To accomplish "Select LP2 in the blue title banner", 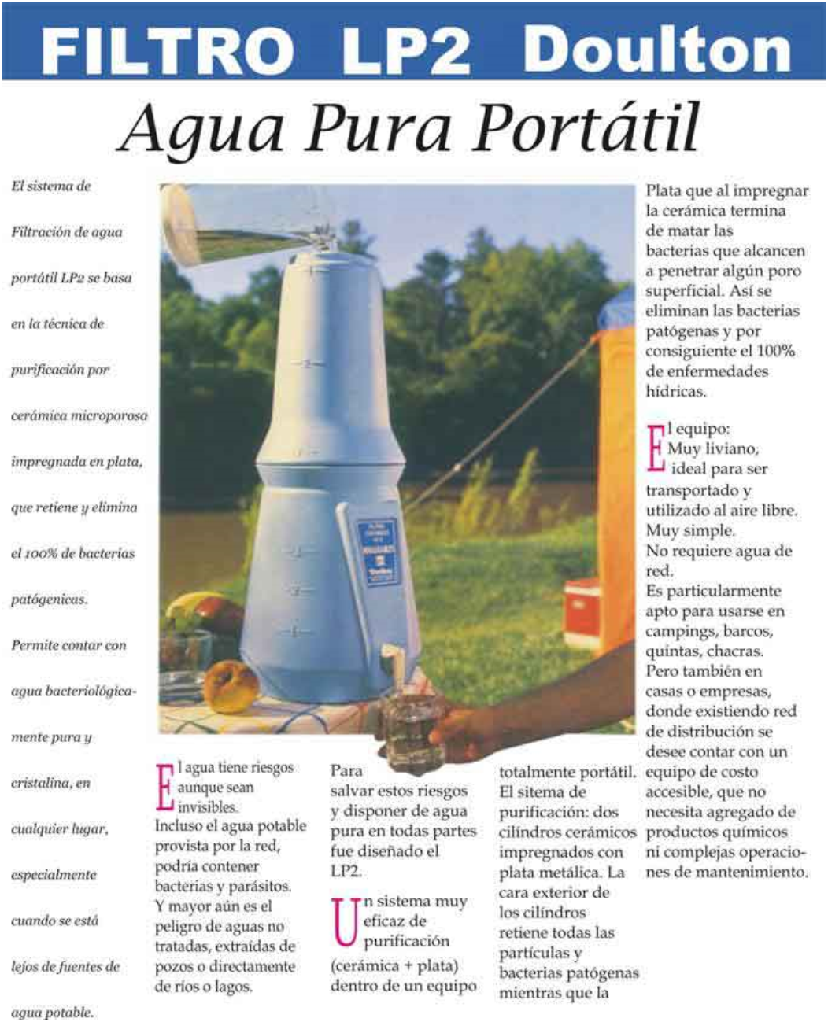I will click(406, 50).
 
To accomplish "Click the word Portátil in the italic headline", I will click(586, 127).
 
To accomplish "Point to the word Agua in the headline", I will click(201, 129).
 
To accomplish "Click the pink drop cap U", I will click(345, 922).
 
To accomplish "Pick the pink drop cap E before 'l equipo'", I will click(656, 448).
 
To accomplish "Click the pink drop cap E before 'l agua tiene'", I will click(164, 787).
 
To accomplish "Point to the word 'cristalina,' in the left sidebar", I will click(50, 784).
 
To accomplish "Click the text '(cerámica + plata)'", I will click(394, 966).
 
